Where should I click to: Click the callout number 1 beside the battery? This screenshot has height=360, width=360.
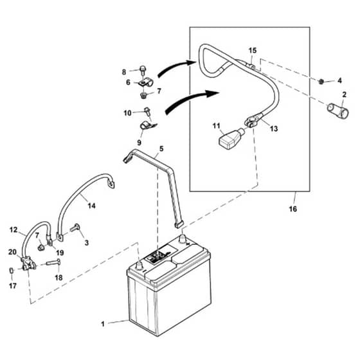point(103,324)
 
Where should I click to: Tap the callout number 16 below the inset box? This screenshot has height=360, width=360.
point(292,209)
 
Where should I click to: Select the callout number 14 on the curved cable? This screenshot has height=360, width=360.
point(91,206)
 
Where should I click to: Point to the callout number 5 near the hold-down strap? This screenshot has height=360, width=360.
point(161,148)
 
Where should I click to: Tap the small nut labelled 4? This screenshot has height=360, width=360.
point(321,81)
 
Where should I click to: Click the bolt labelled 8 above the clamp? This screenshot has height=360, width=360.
point(143,70)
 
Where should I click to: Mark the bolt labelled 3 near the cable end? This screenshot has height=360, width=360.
point(76,228)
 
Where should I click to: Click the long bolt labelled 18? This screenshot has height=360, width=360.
point(53,262)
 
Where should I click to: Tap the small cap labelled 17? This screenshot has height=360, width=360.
point(12,271)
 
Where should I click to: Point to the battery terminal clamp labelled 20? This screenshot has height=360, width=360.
point(28,264)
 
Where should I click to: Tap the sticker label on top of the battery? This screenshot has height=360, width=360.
point(161,254)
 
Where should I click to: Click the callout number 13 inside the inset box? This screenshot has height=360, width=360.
point(274,129)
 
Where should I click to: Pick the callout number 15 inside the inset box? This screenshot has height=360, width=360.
point(253,50)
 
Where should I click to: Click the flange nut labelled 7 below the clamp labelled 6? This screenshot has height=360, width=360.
point(143,95)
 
